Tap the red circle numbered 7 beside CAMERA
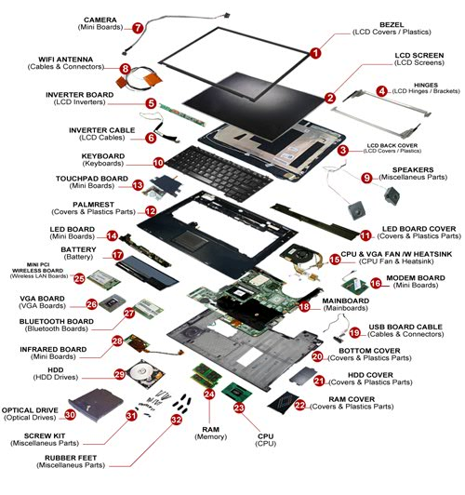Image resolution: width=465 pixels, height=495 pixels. point(137,29)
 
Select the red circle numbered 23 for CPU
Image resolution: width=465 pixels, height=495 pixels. point(239,408)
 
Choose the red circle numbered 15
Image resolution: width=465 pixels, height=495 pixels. point(335,260)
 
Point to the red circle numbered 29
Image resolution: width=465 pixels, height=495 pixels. point(120,374)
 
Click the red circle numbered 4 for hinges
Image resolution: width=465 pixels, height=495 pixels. point(381,91)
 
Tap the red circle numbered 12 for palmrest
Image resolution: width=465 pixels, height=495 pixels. point(150,211)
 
